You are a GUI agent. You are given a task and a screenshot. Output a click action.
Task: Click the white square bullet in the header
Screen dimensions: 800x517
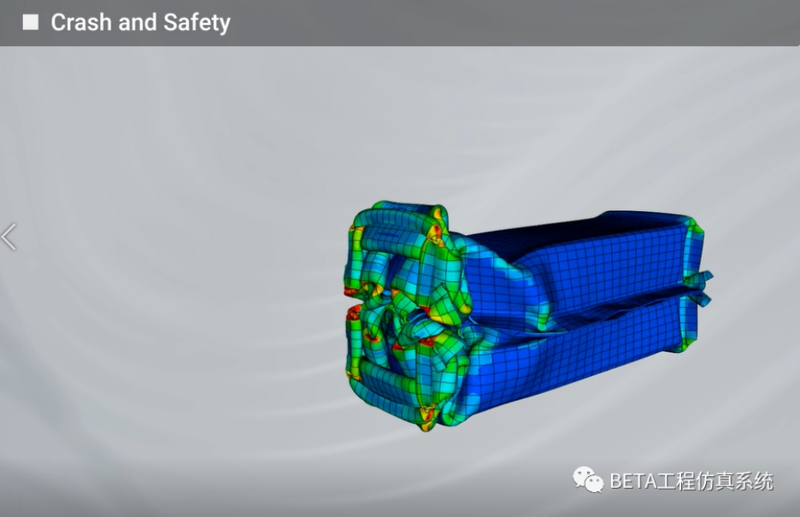tap(31, 22)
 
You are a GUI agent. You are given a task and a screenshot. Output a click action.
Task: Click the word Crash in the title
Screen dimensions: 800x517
tap(81, 22)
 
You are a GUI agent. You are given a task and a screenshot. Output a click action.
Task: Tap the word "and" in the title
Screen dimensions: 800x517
tap(138, 22)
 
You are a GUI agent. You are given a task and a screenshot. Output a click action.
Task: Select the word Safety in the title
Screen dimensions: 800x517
tap(197, 23)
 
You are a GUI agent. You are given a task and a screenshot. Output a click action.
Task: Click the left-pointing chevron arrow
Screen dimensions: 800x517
tap(9, 237)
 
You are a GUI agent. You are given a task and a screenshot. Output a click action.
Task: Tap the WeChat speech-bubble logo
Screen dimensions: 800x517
tap(588, 479)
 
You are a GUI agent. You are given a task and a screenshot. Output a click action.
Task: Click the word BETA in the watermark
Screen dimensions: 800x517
tap(632, 481)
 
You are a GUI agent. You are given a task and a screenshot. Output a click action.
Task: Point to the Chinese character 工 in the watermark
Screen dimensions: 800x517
tap(665, 481)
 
